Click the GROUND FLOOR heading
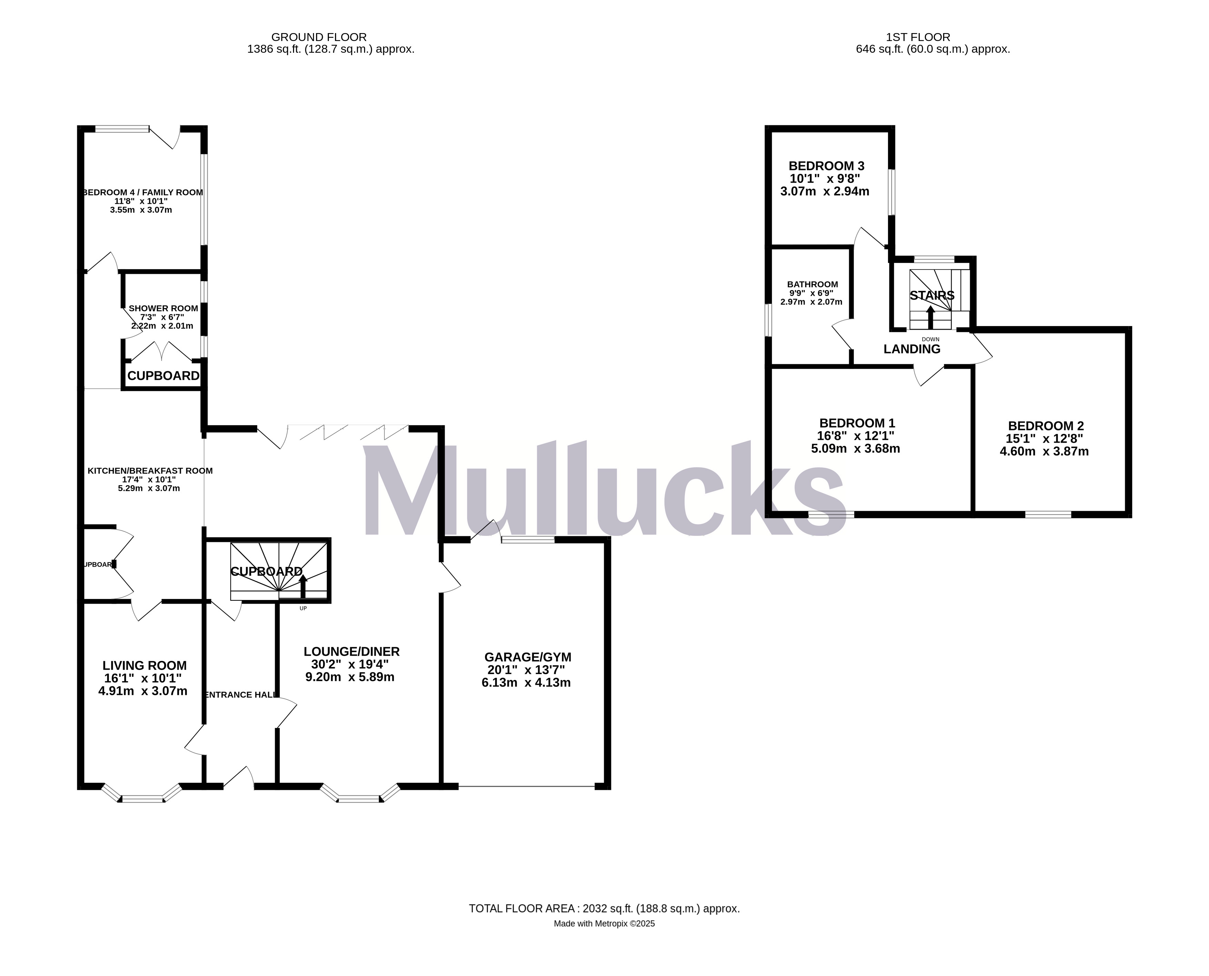click(319, 37)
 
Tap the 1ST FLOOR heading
click(918, 37)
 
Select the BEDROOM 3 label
click(826, 166)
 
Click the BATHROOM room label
click(812, 284)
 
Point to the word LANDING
click(911, 349)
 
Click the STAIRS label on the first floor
click(932, 295)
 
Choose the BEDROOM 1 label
click(857, 423)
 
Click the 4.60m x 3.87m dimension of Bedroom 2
click(1044, 451)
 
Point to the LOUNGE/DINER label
click(351, 652)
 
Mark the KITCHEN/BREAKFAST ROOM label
click(150, 470)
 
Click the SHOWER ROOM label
click(163, 308)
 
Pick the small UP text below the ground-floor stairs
click(303, 608)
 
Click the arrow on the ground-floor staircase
click(303, 585)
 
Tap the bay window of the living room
click(143, 797)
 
